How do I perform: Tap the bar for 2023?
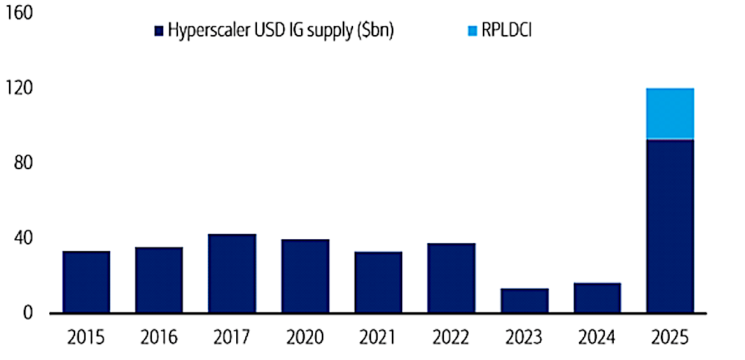(524, 300)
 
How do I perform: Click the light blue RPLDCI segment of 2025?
(670, 113)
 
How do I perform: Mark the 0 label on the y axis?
(27, 313)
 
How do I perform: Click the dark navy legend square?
(158, 31)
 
